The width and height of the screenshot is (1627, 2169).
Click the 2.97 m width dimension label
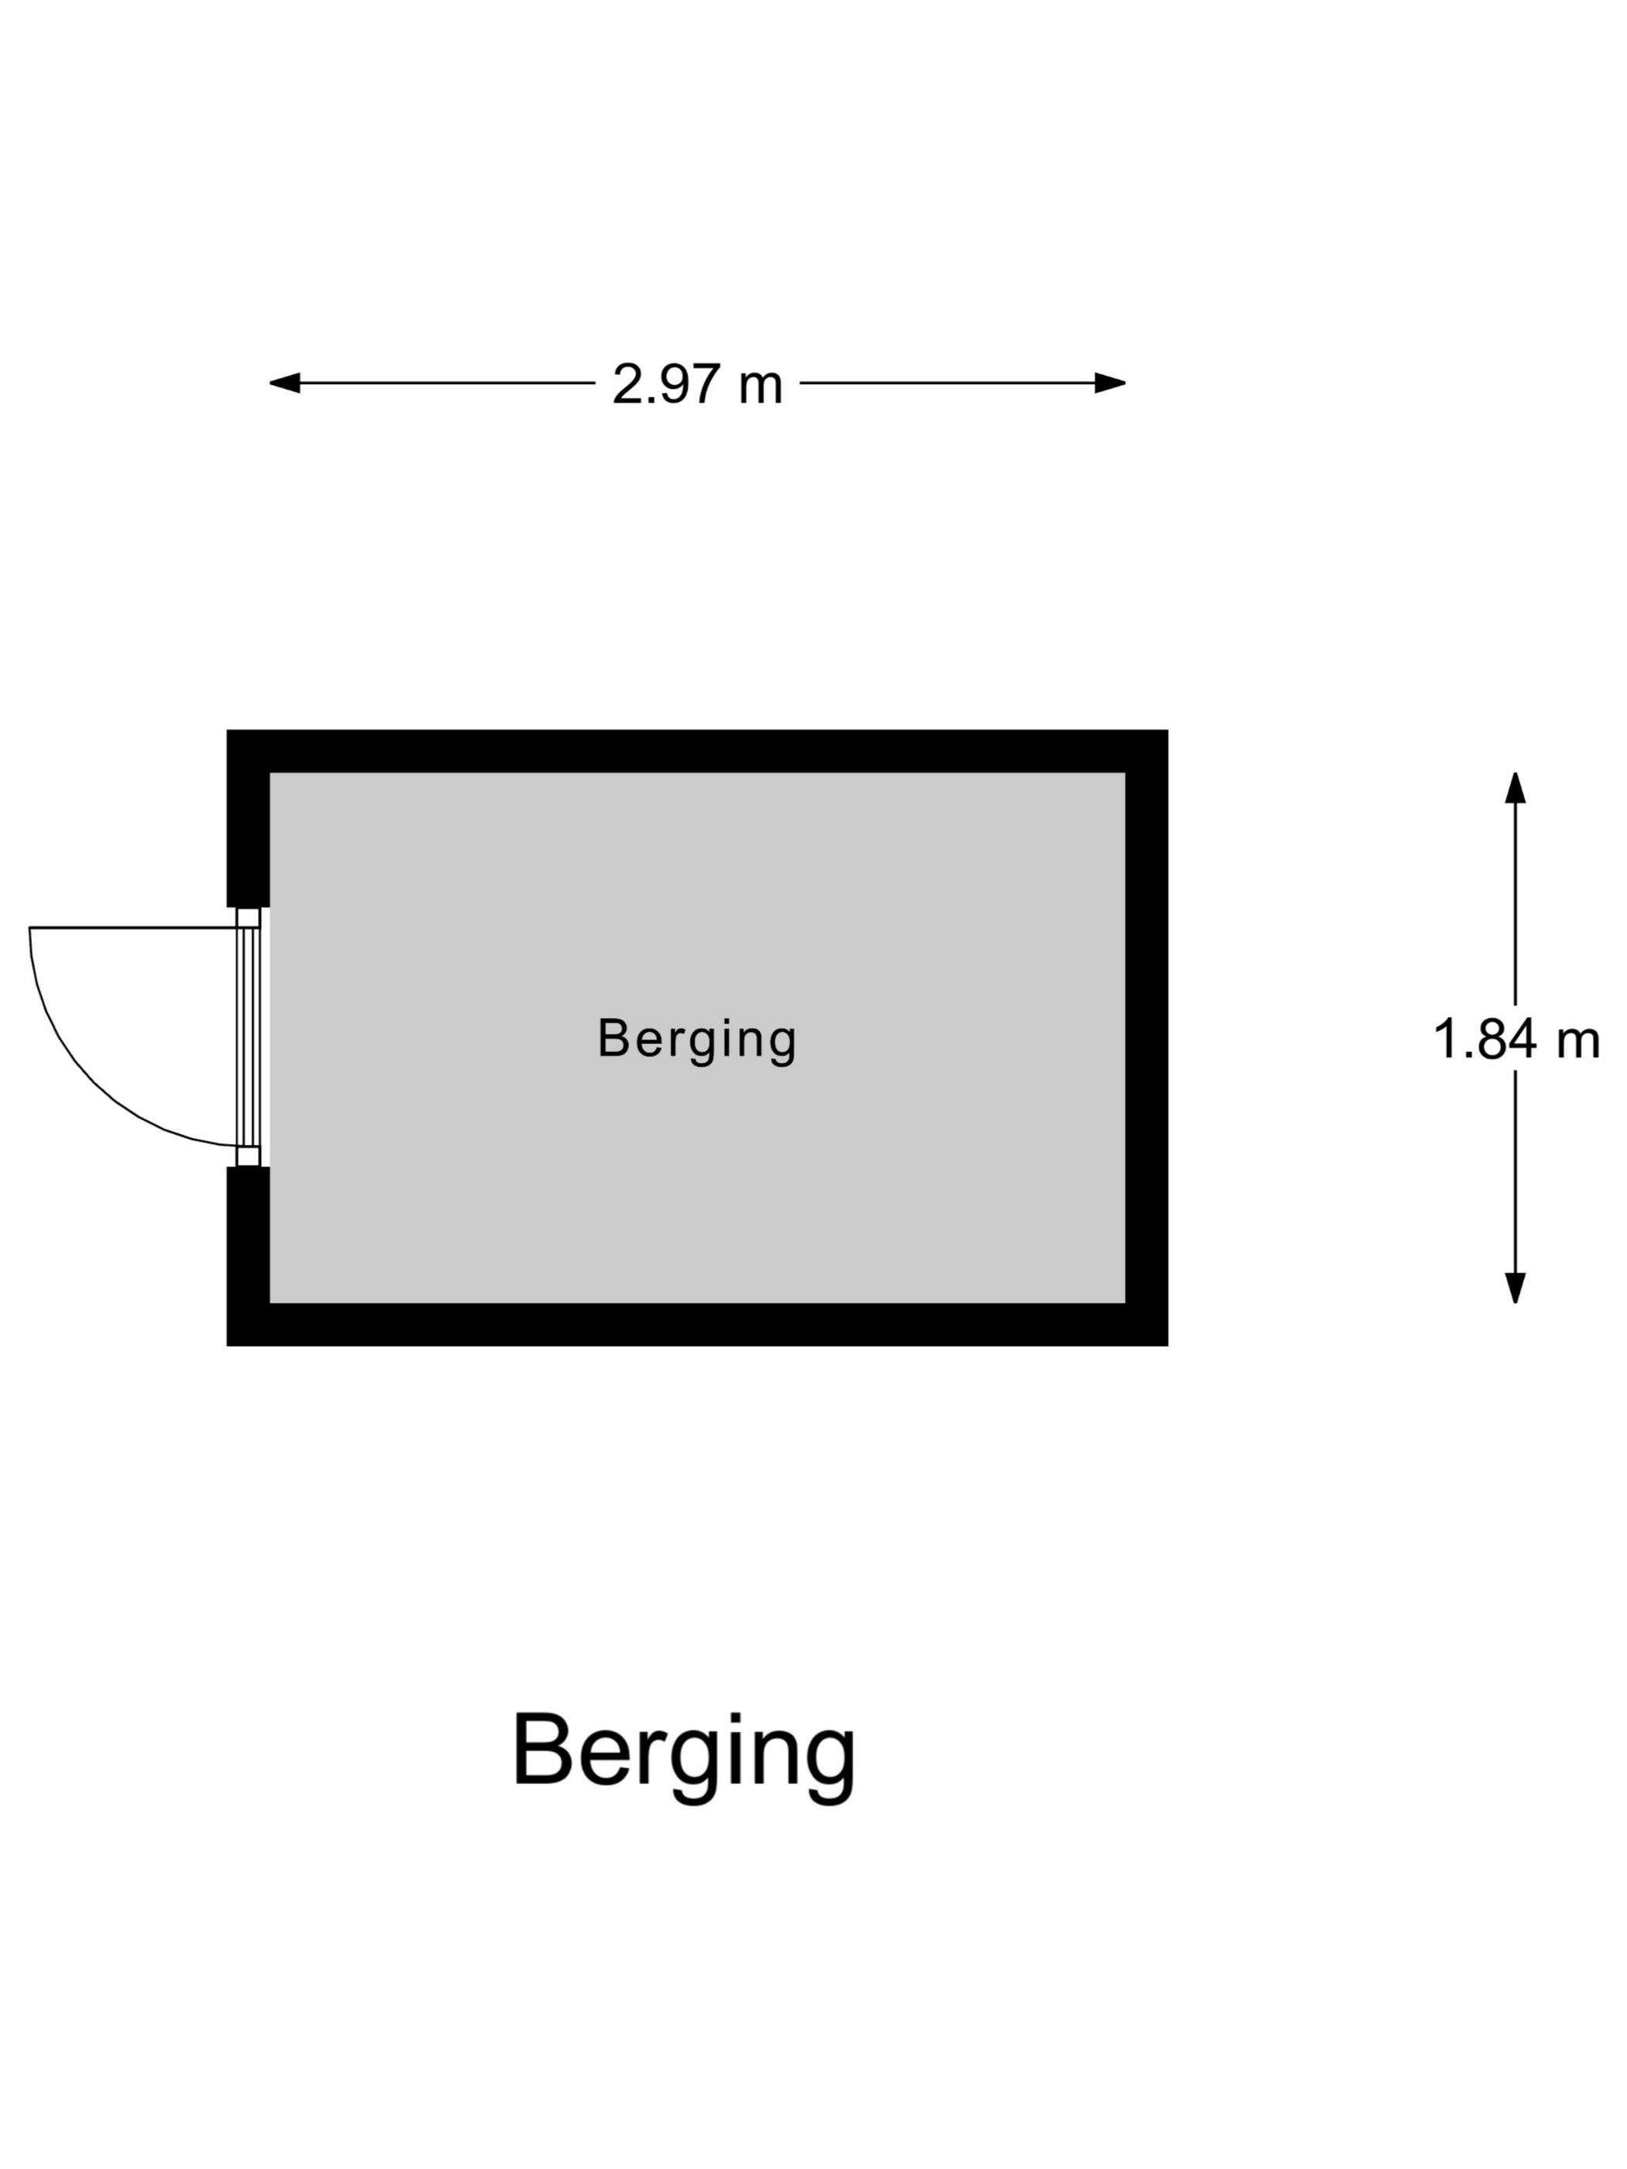(697, 383)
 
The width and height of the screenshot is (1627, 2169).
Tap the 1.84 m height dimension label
(1516, 1039)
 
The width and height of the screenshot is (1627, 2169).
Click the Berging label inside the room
(697, 1040)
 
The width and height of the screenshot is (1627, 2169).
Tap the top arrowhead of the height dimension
(1515, 787)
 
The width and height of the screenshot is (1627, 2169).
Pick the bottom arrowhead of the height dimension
(1515, 1287)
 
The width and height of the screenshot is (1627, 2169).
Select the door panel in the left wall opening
(249, 1036)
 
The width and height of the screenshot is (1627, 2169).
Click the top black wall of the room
(697, 751)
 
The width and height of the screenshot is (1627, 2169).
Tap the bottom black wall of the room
(697, 1325)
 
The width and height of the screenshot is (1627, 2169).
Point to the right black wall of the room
(1147, 1037)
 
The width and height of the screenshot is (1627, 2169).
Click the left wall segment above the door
(248, 819)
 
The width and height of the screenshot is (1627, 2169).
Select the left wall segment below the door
(248, 1256)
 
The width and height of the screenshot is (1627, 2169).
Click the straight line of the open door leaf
(133, 927)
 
